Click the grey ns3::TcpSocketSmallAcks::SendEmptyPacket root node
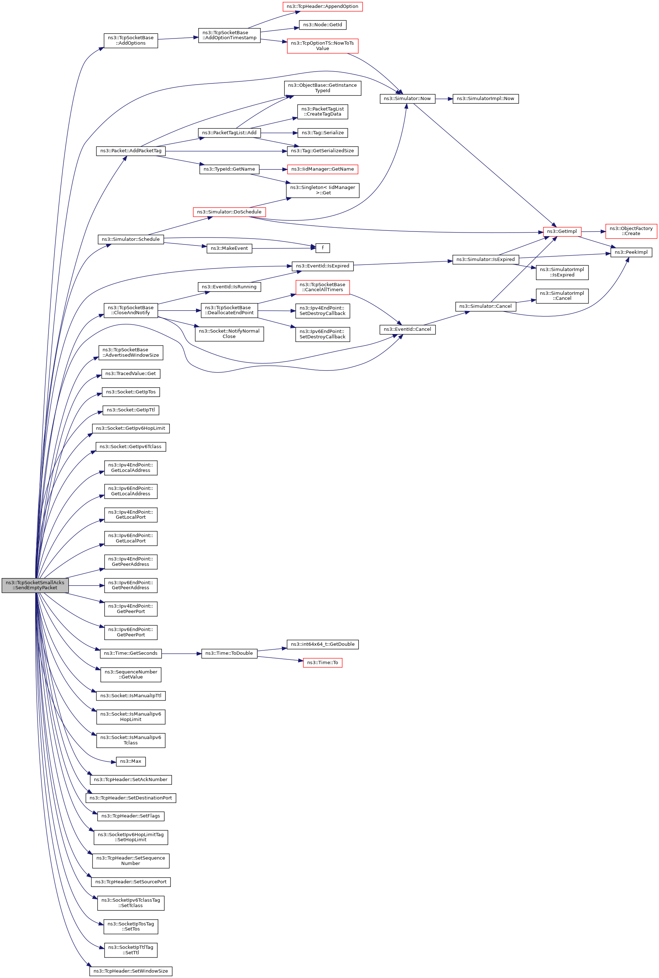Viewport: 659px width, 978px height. (x=35, y=585)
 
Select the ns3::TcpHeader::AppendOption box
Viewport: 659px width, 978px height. (x=322, y=7)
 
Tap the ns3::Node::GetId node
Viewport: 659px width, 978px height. (x=322, y=25)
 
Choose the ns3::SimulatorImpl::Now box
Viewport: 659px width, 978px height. (x=485, y=98)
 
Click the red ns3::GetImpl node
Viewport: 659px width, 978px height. (x=562, y=231)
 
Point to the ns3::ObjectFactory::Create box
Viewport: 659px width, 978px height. (x=631, y=231)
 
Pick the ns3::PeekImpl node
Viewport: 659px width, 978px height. (x=631, y=252)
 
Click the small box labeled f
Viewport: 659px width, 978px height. (x=322, y=248)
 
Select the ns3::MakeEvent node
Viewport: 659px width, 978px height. (x=229, y=248)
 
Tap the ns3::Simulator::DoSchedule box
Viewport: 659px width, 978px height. (x=229, y=212)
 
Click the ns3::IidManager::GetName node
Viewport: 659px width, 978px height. (x=322, y=169)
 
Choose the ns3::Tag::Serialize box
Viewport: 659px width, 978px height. (x=322, y=133)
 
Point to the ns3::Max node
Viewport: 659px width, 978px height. (x=131, y=761)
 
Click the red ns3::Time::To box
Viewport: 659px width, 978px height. (x=322, y=663)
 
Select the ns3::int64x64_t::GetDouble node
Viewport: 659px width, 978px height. (x=322, y=644)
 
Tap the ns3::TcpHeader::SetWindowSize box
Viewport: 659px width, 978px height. (x=131, y=971)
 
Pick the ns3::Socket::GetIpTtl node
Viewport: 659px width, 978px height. (x=131, y=410)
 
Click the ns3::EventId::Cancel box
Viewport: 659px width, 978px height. (x=407, y=329)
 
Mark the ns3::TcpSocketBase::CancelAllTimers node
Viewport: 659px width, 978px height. (x=322, y=287)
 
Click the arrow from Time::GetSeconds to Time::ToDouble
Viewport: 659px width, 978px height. (x=181, y=653)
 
